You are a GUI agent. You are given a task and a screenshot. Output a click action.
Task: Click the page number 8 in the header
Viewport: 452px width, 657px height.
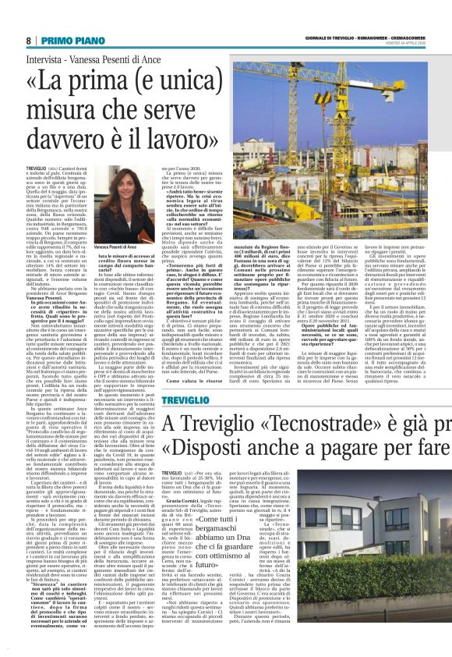pos(28,40)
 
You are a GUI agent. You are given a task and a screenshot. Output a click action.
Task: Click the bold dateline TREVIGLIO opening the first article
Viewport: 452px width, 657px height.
pos(36,168)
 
